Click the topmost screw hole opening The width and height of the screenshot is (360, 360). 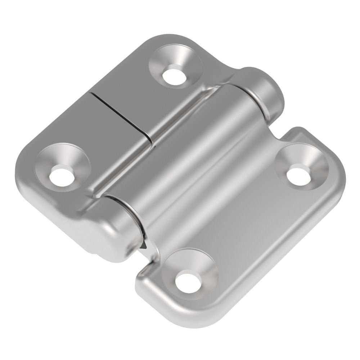click(x=174, y=75)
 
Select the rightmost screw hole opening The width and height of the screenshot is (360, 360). click(x=298, y=175)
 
